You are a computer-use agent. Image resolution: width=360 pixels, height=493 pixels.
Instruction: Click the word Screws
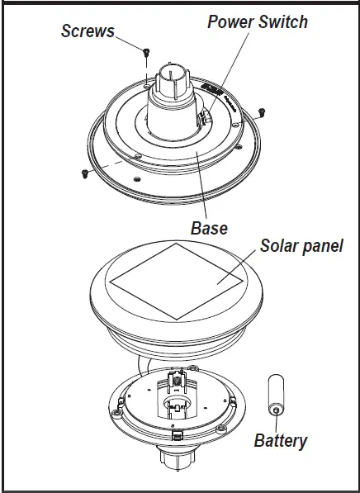click(88, 31)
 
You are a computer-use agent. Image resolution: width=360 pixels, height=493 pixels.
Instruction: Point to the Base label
click(209, 227)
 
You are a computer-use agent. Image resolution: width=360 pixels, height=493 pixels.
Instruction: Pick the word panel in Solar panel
click(324, 246)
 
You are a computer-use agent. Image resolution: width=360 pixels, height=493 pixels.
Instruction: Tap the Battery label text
click(280, 440)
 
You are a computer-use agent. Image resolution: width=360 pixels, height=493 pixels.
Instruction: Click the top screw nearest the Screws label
click(146, 54)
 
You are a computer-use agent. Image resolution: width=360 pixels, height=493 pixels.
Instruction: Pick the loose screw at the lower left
click(84, 173)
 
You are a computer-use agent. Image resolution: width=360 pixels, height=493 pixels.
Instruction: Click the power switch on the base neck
click(204, 121)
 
